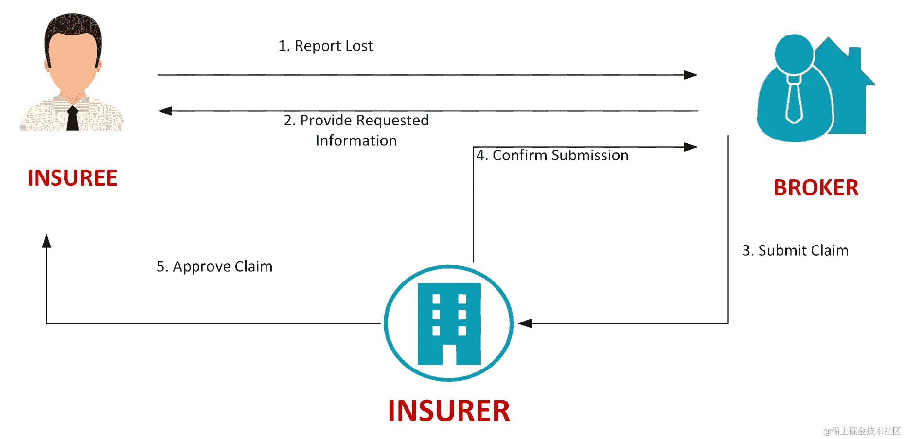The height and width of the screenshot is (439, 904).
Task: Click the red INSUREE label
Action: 72,178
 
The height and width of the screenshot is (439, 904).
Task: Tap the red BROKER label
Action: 815,188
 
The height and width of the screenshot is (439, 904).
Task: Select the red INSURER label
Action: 449,411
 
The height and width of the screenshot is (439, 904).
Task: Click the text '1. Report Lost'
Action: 325,46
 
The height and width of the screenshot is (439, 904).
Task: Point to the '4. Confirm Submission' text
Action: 552,155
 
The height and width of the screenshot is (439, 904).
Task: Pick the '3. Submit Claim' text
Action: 795,250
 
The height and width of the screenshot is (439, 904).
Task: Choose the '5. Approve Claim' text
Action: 214,266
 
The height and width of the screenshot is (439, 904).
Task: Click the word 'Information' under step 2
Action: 356,140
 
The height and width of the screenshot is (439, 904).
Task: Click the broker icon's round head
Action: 794,53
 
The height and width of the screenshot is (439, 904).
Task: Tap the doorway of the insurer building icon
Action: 449,354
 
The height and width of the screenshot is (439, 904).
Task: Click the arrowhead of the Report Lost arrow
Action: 691,75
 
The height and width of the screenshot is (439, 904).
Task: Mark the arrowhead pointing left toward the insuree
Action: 165,111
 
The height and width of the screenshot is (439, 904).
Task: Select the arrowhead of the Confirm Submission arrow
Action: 691,147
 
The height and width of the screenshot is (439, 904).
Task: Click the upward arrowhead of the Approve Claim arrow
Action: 47,241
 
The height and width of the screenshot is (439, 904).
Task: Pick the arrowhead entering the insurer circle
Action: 525,323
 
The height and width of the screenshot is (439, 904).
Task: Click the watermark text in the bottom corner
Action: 861,431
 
